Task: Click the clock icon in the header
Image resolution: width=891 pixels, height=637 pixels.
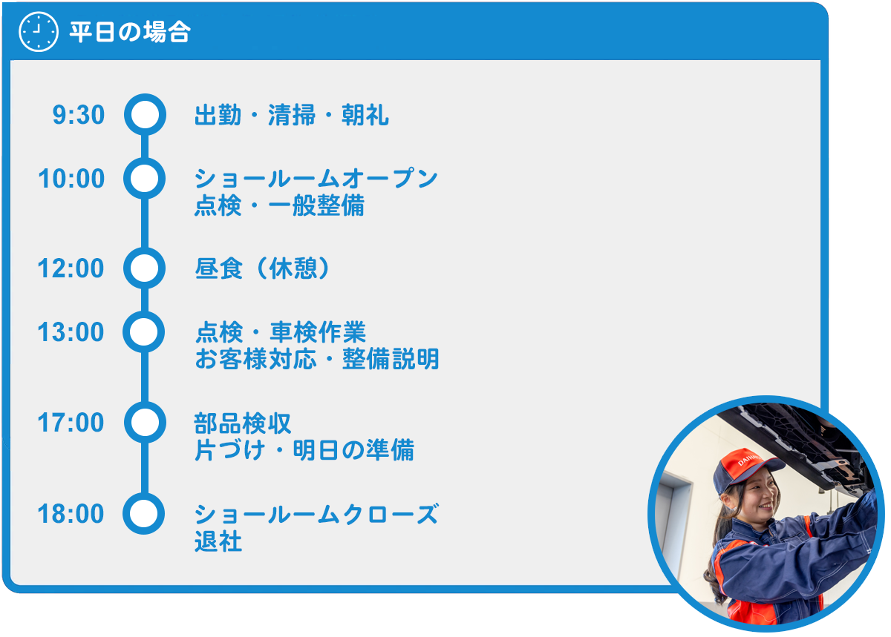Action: [39, 31]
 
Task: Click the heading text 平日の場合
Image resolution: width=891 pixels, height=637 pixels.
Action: [130, 32]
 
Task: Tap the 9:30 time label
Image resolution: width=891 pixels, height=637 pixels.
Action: [79, 115]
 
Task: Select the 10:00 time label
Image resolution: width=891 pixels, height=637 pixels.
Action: [71, 179]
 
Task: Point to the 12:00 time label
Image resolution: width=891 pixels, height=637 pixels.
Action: [71, 268]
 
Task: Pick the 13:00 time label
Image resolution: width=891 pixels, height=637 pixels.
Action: [71, 331]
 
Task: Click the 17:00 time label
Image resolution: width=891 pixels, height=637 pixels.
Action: [71, 423]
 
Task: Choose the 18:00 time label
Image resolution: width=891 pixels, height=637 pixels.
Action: [71, 514]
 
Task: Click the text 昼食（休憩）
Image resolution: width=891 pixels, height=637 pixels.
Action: [263, 268]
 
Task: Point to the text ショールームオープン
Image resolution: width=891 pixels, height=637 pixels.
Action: [316, 178]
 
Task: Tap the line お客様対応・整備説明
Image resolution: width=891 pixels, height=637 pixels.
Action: [317, 359]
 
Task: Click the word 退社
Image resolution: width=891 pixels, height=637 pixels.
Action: [218, 541]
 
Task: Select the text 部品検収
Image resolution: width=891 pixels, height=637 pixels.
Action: [243, 423]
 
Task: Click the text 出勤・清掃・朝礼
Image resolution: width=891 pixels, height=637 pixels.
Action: [292, 115]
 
